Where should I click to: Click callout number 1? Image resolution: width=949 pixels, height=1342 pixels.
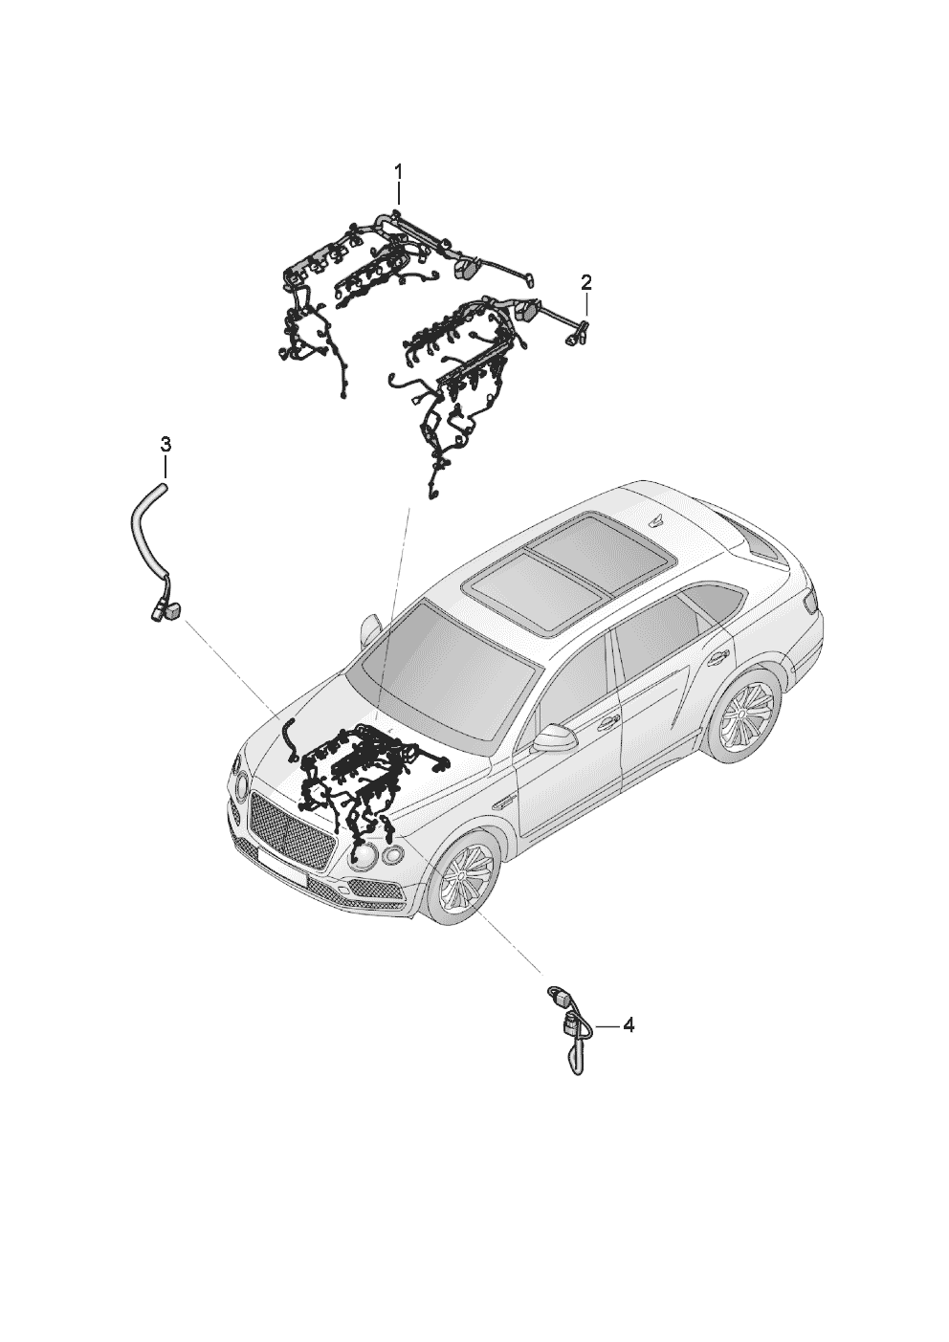[x=398, y=172]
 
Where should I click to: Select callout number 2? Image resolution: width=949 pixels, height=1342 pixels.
[x=585, y=280]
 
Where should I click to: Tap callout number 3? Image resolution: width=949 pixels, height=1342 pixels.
[x=166, y=444]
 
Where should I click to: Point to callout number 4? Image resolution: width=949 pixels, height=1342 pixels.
[x=628, y=1025]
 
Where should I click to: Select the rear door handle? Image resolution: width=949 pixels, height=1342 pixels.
[x=717, y=658]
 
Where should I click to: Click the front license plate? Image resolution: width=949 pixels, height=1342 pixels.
[x=281, y=869]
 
